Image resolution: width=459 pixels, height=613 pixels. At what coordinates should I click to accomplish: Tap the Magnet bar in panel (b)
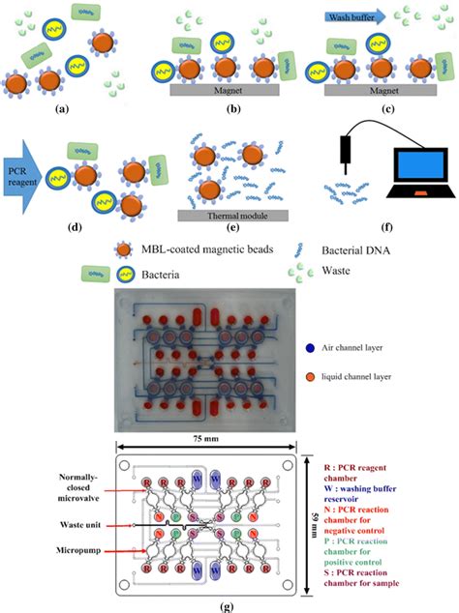coord(224,89)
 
